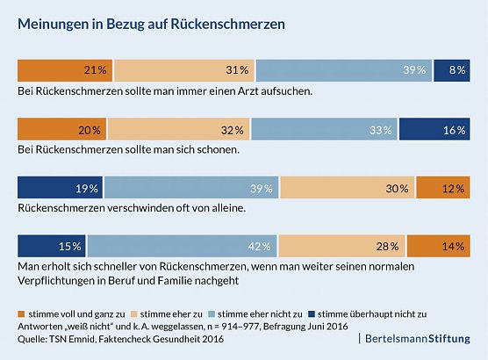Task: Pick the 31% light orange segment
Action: (x=183, y=69)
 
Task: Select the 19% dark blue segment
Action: (x=60, y=188)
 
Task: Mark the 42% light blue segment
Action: (x=182, y=247)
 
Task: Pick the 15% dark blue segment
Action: (x=52, y=247)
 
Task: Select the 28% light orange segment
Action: (x=342, y=247)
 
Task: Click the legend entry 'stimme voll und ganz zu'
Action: (x=72, y=313)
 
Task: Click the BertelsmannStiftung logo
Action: (x=416, y=338)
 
